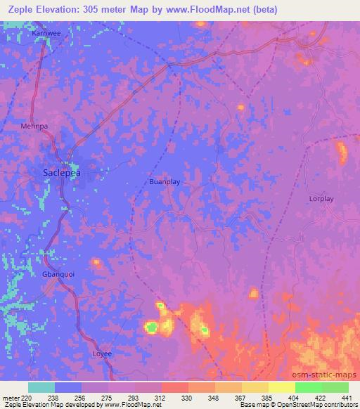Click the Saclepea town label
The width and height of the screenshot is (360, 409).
tap(61, 171)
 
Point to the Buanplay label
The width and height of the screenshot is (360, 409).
tap(165, 181)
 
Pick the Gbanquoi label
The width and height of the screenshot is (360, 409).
tap(58, 274)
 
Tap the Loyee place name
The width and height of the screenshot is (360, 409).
tap(103, 353)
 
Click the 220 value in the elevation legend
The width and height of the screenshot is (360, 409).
tap(26, 397)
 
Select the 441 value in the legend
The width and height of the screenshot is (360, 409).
tap(347, 397)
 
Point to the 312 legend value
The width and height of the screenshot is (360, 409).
tap(162, 397)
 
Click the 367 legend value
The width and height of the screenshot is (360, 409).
tap(241, 397)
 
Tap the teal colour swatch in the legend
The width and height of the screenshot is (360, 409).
tap(41, 387)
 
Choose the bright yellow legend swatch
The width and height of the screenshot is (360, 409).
tap(282, 387)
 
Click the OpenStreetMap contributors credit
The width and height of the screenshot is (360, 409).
tap(319, 405)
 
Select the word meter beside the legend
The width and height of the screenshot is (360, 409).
tap(10, 397)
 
